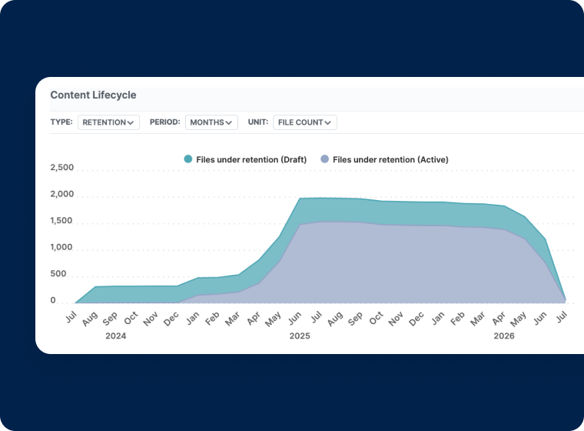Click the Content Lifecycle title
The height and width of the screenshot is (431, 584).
(x=93, y=95)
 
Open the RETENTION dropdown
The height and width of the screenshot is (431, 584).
(x=108, y=122)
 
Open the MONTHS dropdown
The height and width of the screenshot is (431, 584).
(x=211, y=122)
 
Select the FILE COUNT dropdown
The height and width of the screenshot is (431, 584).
(x=305, y=122)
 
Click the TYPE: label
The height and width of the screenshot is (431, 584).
(x=61, y=122)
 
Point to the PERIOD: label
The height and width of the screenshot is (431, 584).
(x=164, y=122)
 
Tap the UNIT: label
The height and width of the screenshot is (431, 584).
(x=258, y=122)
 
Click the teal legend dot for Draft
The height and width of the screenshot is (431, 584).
(x=187, y=159)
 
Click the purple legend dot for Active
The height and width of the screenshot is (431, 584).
(x=324, y=159)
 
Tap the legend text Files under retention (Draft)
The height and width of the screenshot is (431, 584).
(x=251, y=159)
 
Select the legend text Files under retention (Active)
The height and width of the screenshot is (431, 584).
(x=390, y=159)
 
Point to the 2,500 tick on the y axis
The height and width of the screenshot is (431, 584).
(x=62, y=168)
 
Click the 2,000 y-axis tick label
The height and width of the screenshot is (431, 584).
(x=62, y=195)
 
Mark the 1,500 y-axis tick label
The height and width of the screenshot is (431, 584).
(x=62, y=221)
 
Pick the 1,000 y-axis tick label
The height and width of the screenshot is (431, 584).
(x=62, y=248)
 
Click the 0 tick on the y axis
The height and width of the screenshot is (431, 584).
(x=53, y=301)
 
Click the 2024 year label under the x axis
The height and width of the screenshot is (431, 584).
(x=116, y=336)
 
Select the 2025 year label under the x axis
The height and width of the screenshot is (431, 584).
(x=300, y=336)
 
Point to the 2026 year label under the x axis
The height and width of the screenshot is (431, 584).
(x=504, y=336)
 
